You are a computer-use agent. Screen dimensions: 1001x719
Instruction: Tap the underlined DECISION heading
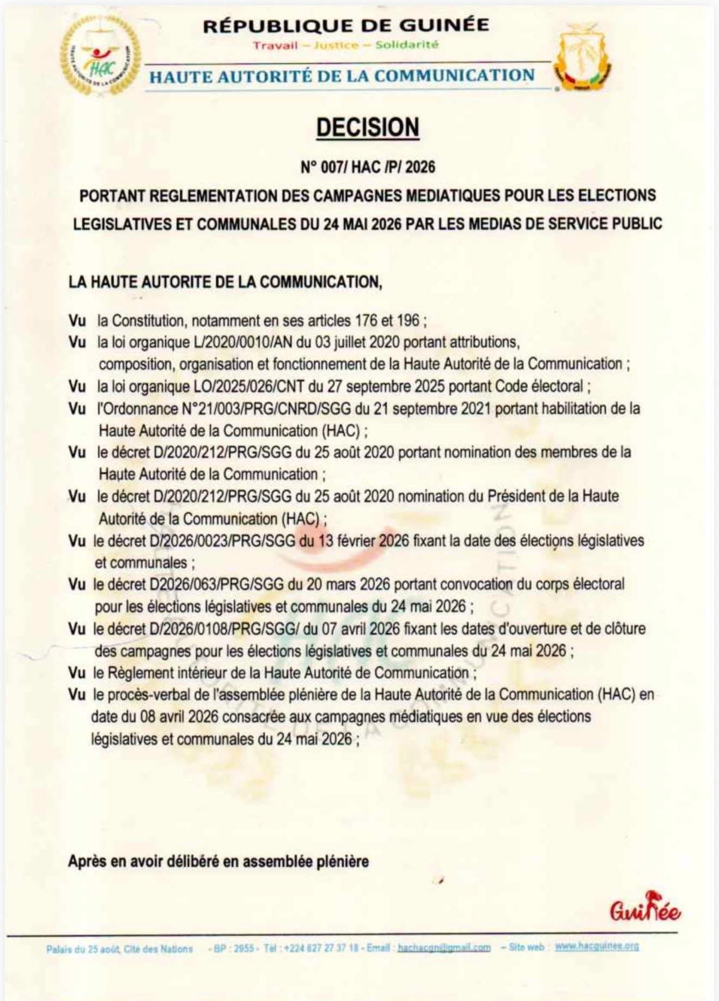368,127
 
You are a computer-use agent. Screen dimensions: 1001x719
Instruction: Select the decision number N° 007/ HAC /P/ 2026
368,167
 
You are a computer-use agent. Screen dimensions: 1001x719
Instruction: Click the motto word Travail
275,45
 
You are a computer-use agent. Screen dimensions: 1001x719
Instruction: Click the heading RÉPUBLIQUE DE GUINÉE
346,26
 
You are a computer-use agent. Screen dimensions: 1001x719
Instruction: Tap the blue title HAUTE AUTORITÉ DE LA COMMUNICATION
342,76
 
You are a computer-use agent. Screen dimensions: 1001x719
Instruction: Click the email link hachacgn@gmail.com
444,948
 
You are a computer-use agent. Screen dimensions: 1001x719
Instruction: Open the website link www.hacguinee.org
596,947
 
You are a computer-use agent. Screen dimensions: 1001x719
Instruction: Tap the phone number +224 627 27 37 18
321,948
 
